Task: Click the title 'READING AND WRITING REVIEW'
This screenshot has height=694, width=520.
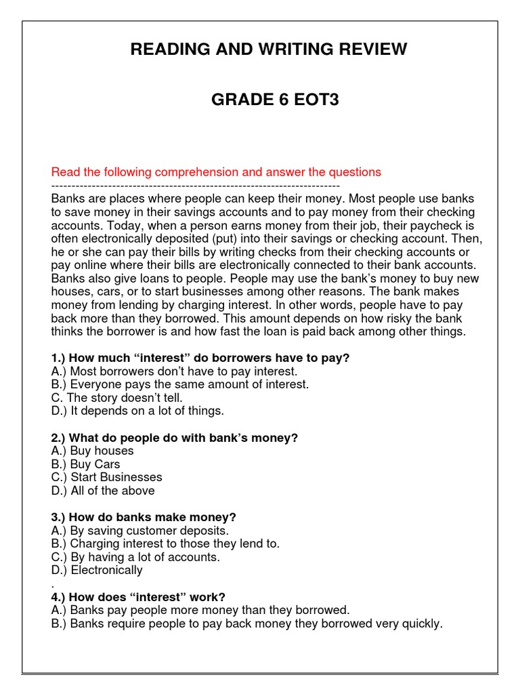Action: click(x=269, y=49)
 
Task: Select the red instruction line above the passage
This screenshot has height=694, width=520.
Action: click(x=216, y=172)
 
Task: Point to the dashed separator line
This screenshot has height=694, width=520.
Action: click(x=196, y=185)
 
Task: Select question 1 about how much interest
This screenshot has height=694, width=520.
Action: click(x=200, y=358)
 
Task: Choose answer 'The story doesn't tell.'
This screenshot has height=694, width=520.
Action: click(x=116, y=398)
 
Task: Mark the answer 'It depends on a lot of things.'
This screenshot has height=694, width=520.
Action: click(x=137, y=411)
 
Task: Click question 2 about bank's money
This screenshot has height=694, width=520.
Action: click(x=174, y=438)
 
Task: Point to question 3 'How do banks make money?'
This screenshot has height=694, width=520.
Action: click(x=143, y=517)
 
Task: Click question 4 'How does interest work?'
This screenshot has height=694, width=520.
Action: click(x=137, y=597)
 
